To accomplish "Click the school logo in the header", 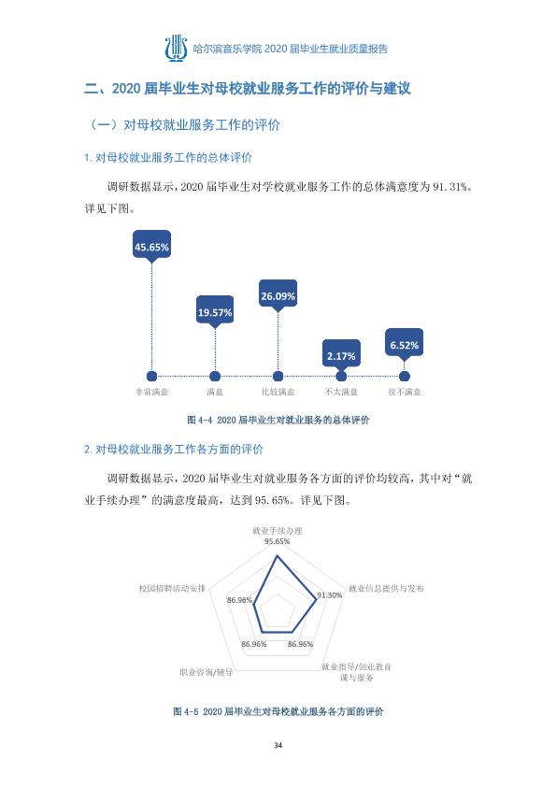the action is pyautogui.click(x=176, y=49).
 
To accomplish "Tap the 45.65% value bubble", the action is pyautogui.click(x=151, y=246).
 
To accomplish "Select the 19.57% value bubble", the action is pyautogui.click(x=215, y=311).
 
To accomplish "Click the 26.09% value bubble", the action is pyautogui.click(x=278, y=295).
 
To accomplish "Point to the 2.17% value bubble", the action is pyautogui.click(x=341, y=355).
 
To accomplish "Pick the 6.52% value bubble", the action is pyautogui.click(x=404, y=344).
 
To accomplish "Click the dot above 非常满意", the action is pyautogui.click(x=151, y=376).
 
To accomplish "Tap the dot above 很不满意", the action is pyautogui.click(x=405, y=376).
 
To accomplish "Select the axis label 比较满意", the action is pyautogui.click(x=278, y=392).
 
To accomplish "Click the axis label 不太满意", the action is pyautogui.click(x=341, y=392).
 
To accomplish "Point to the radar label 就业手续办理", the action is pyautogui.click(x=277, y=531).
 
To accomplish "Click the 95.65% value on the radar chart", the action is pyautogui.click(x=277, y=541).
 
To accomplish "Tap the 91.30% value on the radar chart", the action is pyautogui.click(x=330, y=595).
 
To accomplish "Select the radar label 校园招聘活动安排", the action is pyautogui.click(x=172, y=588).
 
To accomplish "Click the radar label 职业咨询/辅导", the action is pyautogui.click(x=207, y=672).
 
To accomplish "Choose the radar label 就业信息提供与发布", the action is pyautogui.click(x=386, y=588).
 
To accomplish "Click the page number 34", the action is pyautogui.click(x=278, y=745).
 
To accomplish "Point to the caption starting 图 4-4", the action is pyautogui.click(x=278, y=420).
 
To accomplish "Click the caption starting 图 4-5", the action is pyautogui.click(x=278, y=711).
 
